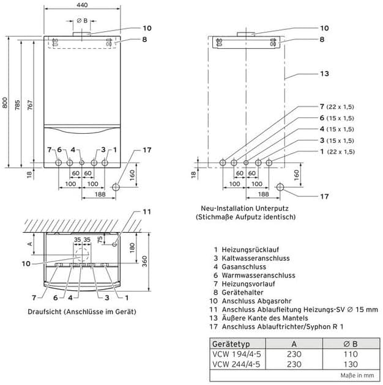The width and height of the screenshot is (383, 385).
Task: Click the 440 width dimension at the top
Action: click(x=82, y=5)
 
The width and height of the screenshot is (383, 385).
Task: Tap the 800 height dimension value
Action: click(x=5, y=103)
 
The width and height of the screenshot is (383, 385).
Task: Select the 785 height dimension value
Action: click(x=18, y=105)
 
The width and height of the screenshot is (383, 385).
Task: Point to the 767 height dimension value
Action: click(x=29, y=105)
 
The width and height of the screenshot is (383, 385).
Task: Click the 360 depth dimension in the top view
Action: click(x=144, y=262)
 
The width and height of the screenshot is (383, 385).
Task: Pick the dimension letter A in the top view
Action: click(x=30, y=244)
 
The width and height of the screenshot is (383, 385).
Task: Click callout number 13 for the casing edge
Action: click(x=324, y=74)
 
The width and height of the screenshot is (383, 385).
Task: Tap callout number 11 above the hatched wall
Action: click(x=147, y=211)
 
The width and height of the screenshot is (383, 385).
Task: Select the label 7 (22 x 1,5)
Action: click(x=337, y=107)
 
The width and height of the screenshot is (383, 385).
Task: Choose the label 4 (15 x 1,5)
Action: click(x=337, y=129)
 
